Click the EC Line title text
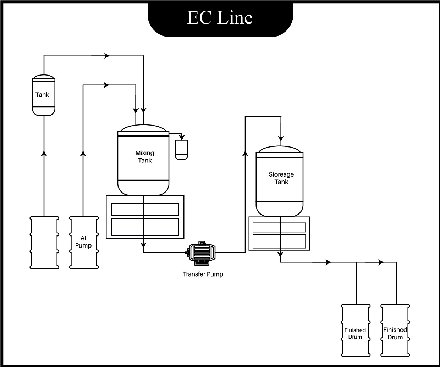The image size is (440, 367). click(220, 18)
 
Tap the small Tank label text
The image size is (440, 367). click(42, 95)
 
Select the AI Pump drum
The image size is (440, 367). click(83, 243)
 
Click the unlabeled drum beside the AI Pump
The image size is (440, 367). click(44, 243)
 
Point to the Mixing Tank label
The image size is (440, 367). click(144, 157)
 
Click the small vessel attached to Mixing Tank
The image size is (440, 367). click(181, 149)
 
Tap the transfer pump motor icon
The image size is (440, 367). click(201, 253)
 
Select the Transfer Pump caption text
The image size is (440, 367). click(203, 274)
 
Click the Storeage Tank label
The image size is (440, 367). click(281, 178)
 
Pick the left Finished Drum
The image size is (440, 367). click(355, 330)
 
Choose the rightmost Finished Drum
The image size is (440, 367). click(395, 330)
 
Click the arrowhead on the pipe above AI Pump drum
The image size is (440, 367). click(83, 153)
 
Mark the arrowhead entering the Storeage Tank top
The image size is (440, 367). click(281, 138)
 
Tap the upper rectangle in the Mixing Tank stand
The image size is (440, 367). click(145, 209)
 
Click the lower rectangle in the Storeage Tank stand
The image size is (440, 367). click(279, 241)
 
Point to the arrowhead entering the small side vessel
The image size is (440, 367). click(182, 137)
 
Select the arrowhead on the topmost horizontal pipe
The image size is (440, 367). click(107, 56)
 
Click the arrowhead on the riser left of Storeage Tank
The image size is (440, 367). click(245, 153)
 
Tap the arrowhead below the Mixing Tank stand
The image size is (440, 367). click(143, 245)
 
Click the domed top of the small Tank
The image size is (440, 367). click(44, 77)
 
